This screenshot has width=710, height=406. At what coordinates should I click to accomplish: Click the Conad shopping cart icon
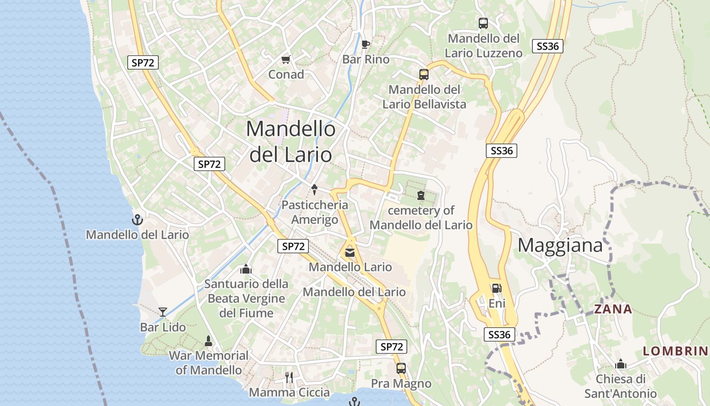(286, 59)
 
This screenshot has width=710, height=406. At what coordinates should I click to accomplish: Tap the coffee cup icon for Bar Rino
(366, 44)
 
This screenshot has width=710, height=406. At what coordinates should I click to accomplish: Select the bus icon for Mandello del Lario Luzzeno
(483, 23)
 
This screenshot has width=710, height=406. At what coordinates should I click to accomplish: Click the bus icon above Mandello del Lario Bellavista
(424, 74)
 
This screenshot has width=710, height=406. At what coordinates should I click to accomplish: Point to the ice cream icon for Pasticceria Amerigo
(314, 190)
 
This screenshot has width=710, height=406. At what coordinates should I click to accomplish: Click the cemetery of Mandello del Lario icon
(420, 195)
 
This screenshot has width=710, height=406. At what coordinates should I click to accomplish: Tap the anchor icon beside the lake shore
(137, 220)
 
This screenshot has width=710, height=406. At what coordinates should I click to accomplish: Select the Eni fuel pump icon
(496, 288)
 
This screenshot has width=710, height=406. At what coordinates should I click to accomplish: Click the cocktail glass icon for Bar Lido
(163, 312)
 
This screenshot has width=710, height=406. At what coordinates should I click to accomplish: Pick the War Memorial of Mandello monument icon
(208, 340)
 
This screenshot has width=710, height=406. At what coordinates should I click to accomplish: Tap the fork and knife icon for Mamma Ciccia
(289, 377)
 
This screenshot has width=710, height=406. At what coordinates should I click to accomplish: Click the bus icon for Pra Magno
(401, 368)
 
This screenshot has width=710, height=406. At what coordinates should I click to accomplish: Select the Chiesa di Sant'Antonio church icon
(620, 364)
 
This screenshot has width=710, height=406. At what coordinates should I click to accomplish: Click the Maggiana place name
(560, 246)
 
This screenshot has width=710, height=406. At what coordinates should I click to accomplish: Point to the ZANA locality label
(613, 309)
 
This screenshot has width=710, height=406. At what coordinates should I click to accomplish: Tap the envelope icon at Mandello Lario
(350, 252)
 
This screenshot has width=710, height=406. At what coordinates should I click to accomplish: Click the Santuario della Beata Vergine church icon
(246, 268)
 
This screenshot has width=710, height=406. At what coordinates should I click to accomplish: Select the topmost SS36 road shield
(548, 46)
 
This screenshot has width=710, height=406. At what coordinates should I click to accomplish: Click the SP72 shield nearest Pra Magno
(392, 347)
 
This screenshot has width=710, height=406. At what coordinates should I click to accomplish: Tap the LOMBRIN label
(675, 351)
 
